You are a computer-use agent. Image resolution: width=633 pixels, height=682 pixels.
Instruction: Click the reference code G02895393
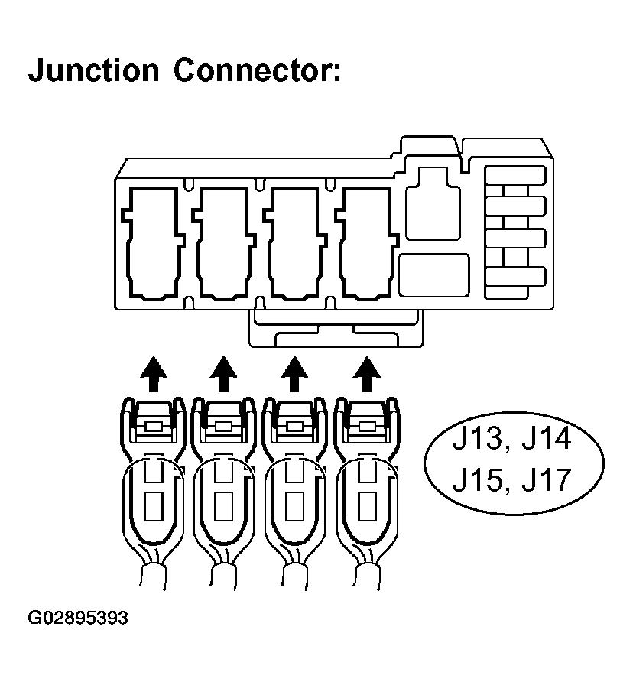78,617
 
